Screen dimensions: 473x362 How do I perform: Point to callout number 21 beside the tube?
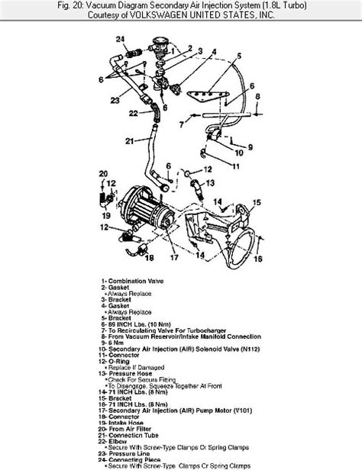(128, 140)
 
